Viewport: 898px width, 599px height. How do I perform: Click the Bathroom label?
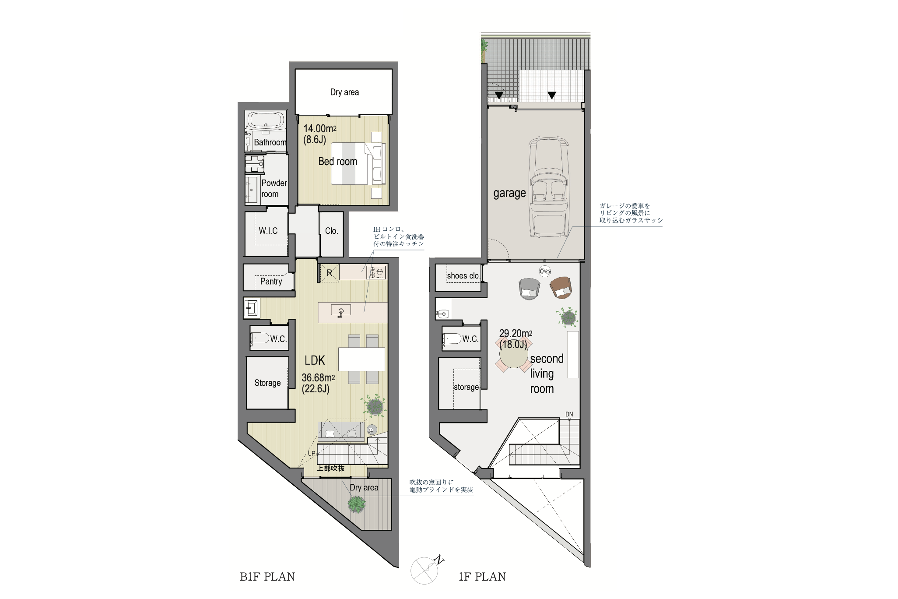click(x=270, y=142)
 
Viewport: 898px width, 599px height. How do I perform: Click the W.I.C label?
click(x=268, y=231)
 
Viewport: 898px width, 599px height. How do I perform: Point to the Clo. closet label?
click(x=331, y=231)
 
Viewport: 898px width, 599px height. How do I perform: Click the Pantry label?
click(x=271, y=281)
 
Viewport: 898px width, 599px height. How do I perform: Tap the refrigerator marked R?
click(x=330, y=273)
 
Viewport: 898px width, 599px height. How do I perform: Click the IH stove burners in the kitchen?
click(x=377, y=272)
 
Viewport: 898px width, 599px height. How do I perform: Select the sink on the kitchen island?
click(x=341, y=311)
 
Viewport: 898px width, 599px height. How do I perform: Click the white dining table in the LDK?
click(x=361, y=359)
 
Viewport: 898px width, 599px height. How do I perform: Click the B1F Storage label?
click(x=267, y=383)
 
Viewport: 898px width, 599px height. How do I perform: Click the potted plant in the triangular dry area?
click(x=357, y=504)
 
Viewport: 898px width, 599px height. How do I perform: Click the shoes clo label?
click(x=463, y=276)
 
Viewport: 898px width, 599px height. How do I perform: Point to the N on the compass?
click(x=439, y=560)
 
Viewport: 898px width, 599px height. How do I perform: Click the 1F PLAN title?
click(x=482, y=577)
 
